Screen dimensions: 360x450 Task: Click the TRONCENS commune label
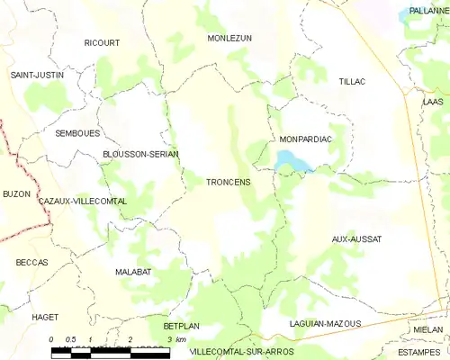(228, 182)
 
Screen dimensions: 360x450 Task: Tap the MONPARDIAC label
(306, 139)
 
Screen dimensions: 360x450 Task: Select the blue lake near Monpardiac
(291, 162)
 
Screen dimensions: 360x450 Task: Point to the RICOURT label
(101, 43)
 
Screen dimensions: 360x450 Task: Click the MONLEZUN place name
(229, 39)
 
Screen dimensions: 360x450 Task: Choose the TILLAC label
(353, 82)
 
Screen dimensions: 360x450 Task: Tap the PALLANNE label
(427, 11)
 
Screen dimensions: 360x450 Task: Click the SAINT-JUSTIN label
(37, 75)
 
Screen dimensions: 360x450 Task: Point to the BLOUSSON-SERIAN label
(140, 154)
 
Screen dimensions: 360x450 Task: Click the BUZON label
(16, 193)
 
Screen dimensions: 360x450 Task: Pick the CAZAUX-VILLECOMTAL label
(82, 201)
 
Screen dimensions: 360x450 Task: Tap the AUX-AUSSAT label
(356, 238)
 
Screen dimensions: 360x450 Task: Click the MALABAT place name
(133, 271)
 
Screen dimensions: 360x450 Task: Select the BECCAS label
(31, 262)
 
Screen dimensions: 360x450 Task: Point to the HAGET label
(44, 317)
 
